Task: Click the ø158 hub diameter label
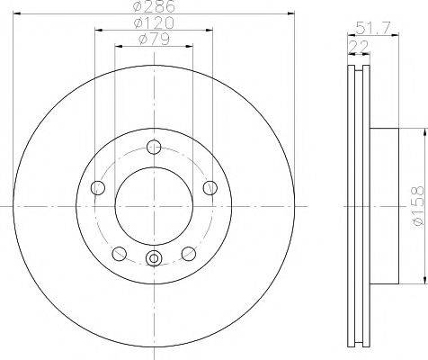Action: pos(415,206)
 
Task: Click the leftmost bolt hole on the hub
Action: pos(98,188)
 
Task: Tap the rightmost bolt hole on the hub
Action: pos(210,187)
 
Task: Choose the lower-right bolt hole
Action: pos(190,253)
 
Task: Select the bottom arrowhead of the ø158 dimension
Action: pos(403,281)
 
